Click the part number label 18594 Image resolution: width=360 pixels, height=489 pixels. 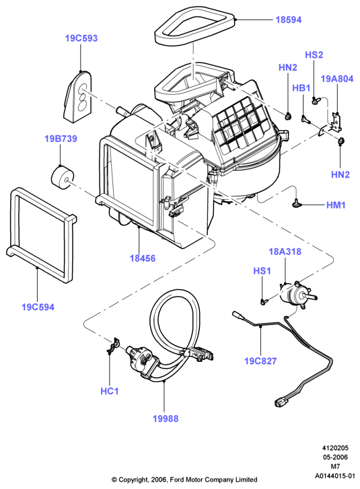pos(289,20)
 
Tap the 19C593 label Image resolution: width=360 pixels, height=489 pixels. pos(81,38)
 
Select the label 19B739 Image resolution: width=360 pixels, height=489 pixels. pos(61,139)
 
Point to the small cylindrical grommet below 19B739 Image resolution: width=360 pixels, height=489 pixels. pos(63,177)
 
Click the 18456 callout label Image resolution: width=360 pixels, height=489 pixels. pos(143,258)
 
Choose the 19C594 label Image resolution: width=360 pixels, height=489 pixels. pos(38,307)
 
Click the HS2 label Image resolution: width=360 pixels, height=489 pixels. pos(314,55)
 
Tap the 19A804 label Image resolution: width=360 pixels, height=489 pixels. pos(337,79)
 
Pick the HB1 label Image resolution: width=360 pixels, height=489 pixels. pos(301,88)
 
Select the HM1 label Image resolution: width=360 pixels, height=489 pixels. pos(336,205)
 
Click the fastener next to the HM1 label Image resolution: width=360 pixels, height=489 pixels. pos(295,204)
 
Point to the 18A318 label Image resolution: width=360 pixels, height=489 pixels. pos(285,252)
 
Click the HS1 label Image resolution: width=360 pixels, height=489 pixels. pos(262,271)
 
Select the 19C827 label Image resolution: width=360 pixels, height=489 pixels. pos(260,361)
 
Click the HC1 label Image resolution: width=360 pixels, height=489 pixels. pos(110,391)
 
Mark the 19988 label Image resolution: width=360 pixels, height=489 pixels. pos(166,418)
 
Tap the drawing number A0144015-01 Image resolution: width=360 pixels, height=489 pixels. pos(335,476)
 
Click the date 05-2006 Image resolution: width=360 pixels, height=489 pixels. pos(335,457)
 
